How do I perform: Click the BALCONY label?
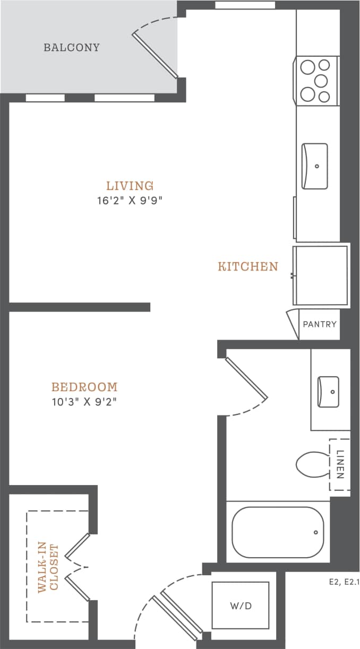[71, 47]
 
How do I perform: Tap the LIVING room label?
[130, 186]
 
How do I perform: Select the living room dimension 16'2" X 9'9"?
[130, 201]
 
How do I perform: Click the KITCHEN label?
[247, 266]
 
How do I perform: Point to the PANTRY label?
[319, 324]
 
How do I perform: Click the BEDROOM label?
[84, 387]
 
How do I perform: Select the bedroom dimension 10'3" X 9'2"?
[84, 401]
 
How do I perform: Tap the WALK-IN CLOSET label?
[47, 567]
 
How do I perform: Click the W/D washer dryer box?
[241, 605]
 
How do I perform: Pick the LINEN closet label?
[340, 465]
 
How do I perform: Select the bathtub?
[278, 532]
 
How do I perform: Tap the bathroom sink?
[328, 392]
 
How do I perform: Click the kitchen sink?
[314, 166]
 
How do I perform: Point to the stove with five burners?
[316, 80]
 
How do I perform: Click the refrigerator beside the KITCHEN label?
[321, 275]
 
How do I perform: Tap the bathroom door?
[246, 378]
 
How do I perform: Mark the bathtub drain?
[315, 532]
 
